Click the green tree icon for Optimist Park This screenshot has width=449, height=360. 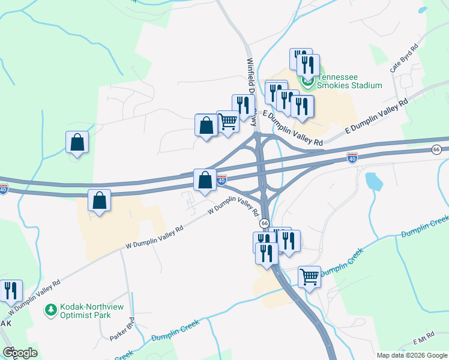(51, 310)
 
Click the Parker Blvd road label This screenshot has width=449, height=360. (122, 329)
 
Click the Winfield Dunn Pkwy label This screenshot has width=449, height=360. (252, 90)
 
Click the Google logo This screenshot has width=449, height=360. (20, 353)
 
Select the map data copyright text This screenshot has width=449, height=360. (412, 355)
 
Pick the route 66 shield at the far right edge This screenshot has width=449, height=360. (436, 149)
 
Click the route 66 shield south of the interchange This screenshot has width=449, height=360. (264, 223)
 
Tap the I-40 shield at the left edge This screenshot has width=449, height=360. (4, 190)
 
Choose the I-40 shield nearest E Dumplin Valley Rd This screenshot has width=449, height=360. (352, 158)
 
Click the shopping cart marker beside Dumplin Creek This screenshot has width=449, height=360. (309, 277)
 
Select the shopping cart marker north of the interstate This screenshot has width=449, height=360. (228, 122)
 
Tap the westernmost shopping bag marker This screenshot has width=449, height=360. (77, 143)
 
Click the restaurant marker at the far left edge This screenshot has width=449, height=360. (11, 291)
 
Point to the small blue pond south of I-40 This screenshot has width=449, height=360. (373, 181)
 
